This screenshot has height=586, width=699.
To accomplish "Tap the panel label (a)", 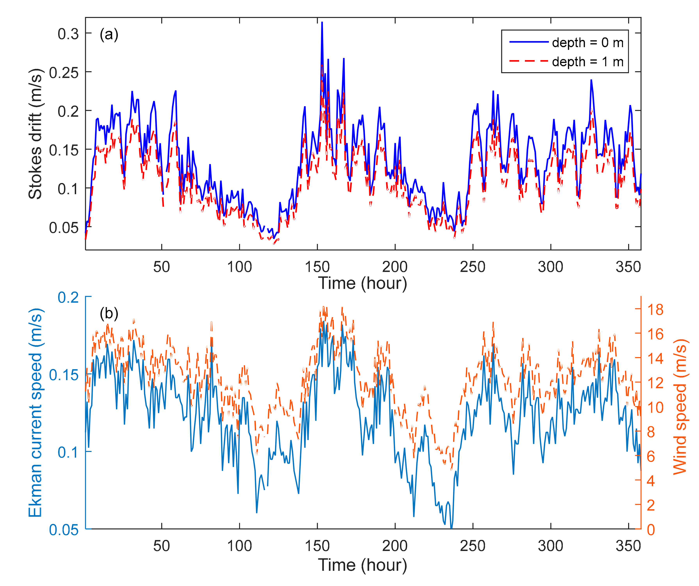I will tap(109, 35).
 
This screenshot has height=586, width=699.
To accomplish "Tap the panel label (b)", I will tap(109, 313).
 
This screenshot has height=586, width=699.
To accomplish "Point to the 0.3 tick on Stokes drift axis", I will tap(68, 34).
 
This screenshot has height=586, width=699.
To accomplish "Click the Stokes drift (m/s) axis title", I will tap(36, 134).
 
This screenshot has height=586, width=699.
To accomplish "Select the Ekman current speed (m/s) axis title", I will tap(36, 413).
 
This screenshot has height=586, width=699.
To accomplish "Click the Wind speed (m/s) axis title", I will tap(680, 407).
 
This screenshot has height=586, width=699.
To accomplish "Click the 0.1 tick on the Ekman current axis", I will tap(68, 452).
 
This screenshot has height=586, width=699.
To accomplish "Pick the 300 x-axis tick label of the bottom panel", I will tap(550, 546).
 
